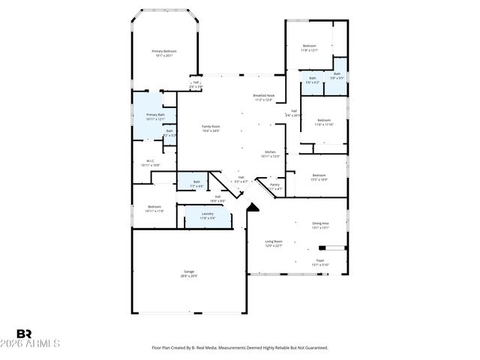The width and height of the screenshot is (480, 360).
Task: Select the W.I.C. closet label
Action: click(150, 161)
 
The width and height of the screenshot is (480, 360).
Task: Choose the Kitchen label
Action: click(270, 154)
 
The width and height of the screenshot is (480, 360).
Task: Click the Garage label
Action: click(189, 274)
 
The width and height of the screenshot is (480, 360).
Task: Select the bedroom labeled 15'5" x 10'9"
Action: click(319, 177)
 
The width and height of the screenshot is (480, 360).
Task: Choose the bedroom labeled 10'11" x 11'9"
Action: click(154, 208)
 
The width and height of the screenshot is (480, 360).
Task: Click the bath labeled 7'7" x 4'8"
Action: click(196, 184)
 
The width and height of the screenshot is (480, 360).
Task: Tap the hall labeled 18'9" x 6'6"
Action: click(217, 199)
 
